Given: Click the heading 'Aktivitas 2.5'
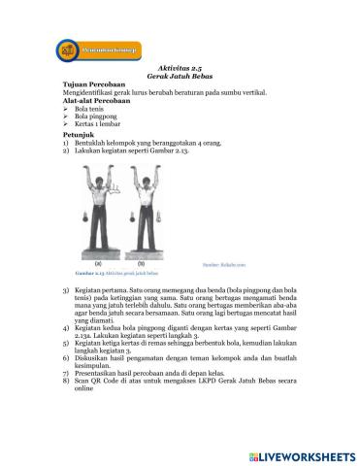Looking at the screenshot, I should (177, 70).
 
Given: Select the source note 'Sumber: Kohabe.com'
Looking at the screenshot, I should (225, 263).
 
